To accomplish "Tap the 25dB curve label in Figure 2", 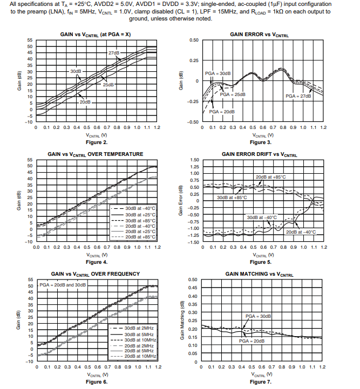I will (x=108, y=84).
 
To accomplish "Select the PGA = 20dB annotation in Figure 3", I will (x=222, y=111).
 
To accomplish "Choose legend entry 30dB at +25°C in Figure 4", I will (x=140, y=214).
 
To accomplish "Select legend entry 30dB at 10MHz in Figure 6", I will (x=140, y=340).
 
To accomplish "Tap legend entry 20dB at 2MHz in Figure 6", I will (x=140, y=346).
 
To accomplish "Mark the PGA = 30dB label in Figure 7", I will (x=257, y=316).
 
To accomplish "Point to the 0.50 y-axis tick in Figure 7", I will (x=193, y=280).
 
